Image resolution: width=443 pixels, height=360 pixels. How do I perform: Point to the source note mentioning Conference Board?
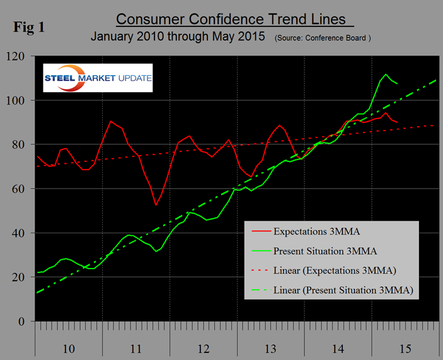coord(323,38)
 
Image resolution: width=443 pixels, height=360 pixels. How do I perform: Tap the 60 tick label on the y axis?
coord(21,189)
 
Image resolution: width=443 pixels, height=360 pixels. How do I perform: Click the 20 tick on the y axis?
coord(21,277)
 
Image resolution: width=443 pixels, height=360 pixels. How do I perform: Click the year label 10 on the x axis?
coord(69,348)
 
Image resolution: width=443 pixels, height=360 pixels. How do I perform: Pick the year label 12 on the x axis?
coord(203,348)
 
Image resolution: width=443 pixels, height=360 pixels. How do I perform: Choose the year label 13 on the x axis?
coord(271,348)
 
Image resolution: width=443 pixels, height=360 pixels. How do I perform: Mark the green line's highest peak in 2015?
coord(386,74)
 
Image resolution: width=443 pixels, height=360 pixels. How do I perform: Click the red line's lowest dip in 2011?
coord(156,205)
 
